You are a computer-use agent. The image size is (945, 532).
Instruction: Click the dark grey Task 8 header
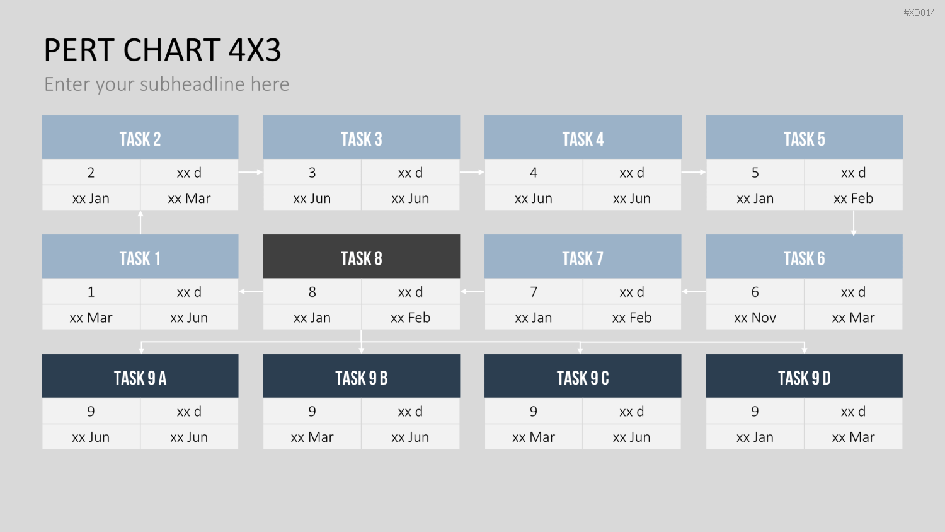point(361,257)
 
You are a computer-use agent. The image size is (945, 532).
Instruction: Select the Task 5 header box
point(804,137)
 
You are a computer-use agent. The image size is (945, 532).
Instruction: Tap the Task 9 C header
point(583,376)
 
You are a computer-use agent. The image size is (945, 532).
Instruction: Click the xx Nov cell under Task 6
point(755,317)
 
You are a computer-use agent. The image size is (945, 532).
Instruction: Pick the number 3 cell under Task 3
point(312,172)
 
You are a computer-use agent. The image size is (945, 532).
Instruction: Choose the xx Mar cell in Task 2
point(189,198)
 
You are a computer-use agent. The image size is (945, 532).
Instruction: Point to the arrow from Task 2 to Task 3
point(251,172)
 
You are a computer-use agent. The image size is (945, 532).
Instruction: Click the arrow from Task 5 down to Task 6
point(854,223)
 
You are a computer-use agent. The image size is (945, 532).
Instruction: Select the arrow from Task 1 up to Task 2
point(140,223)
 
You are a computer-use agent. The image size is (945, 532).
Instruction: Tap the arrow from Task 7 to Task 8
point(472,291)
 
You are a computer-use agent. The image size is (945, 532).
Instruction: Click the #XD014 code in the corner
point(919,13)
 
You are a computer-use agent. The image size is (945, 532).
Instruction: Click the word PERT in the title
point(79,50)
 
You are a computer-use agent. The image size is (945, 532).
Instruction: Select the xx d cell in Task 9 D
point(853,411)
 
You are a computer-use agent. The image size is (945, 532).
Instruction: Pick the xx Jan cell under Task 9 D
point(755,437)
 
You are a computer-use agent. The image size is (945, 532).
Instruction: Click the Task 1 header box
point(140,257)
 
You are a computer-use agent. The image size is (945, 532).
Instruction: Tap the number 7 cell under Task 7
point(533,291)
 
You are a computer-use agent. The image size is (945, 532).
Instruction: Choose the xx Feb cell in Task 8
point(411,317)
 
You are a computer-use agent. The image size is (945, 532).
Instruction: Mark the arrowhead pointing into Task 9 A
point(141,350)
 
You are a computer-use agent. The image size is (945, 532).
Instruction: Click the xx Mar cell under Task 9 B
point(312,437)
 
